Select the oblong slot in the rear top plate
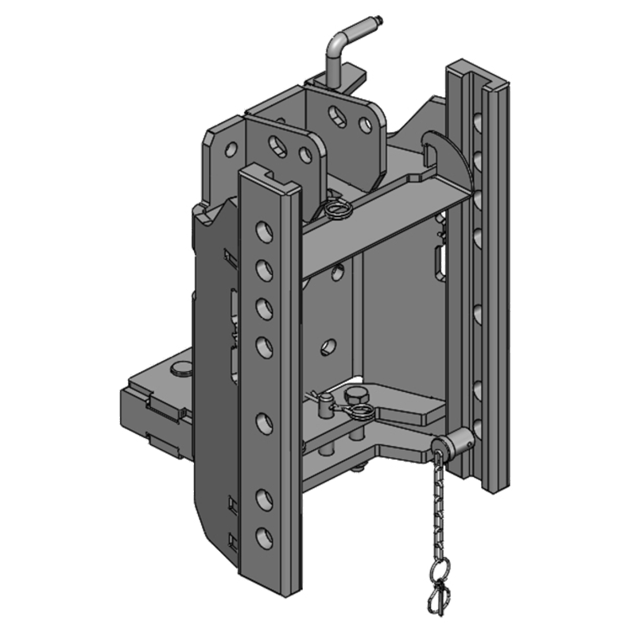point(339,118)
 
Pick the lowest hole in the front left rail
point(260,536)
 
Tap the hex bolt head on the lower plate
point(356,395)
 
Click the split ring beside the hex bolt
point(363,412)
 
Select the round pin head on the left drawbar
point(181,368)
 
